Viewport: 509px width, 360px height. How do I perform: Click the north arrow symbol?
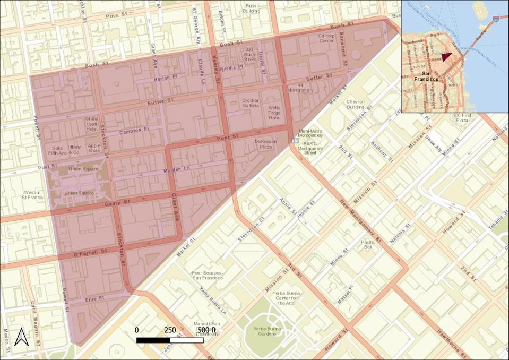point(21,337)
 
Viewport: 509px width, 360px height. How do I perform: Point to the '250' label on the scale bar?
point(170,330)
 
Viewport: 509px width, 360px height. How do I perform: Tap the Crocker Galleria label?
point(251,103)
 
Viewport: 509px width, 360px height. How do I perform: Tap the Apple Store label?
point(94,148)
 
